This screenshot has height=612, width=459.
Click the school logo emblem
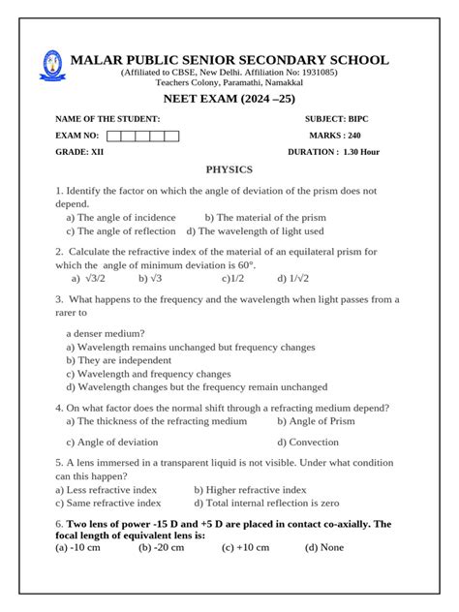pos(48,67)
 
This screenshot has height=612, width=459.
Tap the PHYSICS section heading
pos(229,168)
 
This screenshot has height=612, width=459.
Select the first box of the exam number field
pos(114,136)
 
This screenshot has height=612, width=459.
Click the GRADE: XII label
pos(80,153)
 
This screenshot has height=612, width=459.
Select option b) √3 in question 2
pos(149,278)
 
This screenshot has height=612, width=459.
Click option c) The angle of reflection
pos(120,231)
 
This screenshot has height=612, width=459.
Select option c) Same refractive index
pos(108,504)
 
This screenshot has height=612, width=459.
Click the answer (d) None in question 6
pos(324,547)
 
